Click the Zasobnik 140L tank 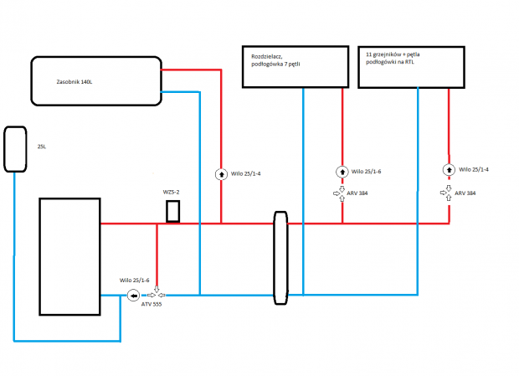(96, 81)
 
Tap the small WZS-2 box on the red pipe (173, 211)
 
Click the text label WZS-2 (172, 193)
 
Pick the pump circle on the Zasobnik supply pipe (221, 174)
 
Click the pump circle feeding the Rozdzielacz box (342, 172)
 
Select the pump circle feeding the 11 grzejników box (449, 170)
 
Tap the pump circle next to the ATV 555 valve (134, 295)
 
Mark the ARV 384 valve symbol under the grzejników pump (449, 192)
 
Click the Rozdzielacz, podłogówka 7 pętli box (295, 66)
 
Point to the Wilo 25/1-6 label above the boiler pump (134, 279)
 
